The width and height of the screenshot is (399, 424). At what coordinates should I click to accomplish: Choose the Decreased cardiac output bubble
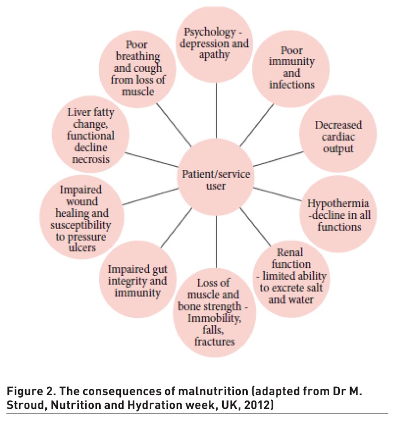click(338, 136)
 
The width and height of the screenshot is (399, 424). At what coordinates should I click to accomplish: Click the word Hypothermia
click(339, 205)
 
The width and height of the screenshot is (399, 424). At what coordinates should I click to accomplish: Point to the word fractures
click(216, 341)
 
